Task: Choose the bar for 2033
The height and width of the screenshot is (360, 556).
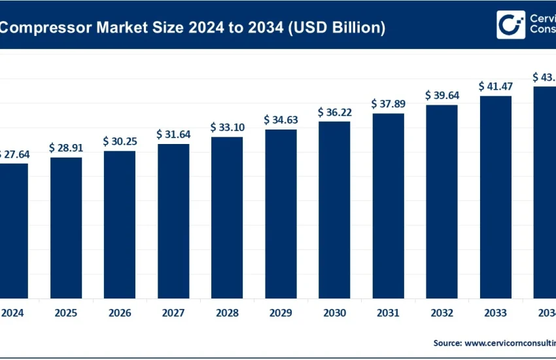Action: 495,196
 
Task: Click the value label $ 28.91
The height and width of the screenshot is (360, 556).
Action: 66,148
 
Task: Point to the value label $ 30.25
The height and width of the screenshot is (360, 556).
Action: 120,141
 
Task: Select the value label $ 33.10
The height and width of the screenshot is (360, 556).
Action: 227,127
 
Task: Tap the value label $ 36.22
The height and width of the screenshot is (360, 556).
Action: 334,112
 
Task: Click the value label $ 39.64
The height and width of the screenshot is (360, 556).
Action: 442,96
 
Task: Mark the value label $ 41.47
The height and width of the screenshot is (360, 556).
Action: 495,86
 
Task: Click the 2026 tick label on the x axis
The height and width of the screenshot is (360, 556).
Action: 120,313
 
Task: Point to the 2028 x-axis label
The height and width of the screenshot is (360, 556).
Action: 227,313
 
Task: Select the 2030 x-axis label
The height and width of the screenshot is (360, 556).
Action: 334,313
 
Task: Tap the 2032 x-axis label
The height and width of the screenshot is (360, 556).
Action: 442,313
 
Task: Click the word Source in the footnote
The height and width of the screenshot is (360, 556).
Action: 447,342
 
